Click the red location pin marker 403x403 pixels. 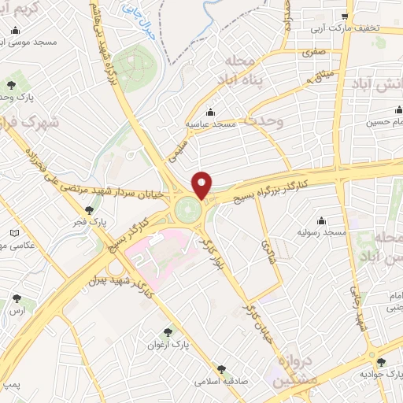pos(202,184)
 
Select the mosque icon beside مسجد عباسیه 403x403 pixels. pos(209,111)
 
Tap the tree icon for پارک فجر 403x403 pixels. pos(90,209)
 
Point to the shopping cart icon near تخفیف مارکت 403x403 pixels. pos(345,16)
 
